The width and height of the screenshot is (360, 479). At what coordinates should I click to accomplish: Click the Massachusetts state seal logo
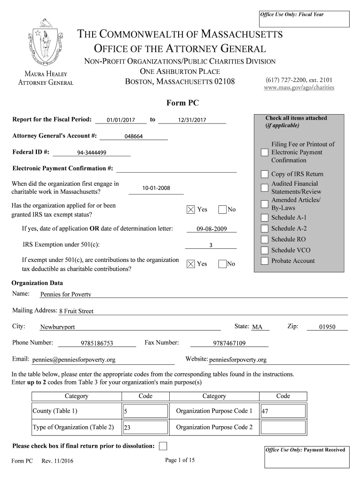pyautogui.click(x=45, y=44)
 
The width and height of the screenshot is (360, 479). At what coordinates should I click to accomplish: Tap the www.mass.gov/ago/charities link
pyautogui.click(x=299, y=87)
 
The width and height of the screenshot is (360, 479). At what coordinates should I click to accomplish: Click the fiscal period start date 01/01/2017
pyautogui.click(x=121, y=120)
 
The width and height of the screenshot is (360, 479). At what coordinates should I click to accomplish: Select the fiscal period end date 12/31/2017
pyautogui.click(x=192, y=120)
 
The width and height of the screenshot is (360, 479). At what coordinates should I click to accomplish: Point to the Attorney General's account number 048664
pyautogui.click(x=134, y=137)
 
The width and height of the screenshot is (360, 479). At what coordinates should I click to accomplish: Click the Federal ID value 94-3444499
pyautogui.click(x=92, y=153)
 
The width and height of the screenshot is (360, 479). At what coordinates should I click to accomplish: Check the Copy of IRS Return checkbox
pyautogui.click(x=265, y=174)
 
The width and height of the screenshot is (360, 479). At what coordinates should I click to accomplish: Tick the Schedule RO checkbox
pyautogui.click(x=265, y=239)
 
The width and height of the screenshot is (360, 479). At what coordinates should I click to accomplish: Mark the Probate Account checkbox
pyautogui.click(x=265, y=261)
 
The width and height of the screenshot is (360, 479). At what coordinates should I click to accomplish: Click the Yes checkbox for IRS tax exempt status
pyautogui.click(x=190, y=210)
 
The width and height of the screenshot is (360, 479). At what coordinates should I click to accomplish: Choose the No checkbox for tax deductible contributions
pyautogui.click(x=223, y=264)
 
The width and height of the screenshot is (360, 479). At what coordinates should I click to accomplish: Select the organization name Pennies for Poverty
pyautogui.click(x=65, y=295)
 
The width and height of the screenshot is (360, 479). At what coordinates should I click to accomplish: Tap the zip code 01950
pyautogui.click(x=327, y=327)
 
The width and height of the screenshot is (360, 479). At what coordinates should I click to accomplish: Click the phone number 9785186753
pyautogui.click(x=97, y=343)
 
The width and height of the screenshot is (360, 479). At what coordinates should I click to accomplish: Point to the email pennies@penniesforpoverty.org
pyautogui.click(x=74, y=360)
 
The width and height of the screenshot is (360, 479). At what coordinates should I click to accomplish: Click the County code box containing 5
pyautogui.click(x=145, y=412)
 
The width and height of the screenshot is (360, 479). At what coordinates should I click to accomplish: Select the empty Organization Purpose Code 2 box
pyautogui.click(x=283, y=428)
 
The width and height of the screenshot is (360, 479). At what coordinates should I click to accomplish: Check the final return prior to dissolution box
pyautogui.click(x=163, y=446)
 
